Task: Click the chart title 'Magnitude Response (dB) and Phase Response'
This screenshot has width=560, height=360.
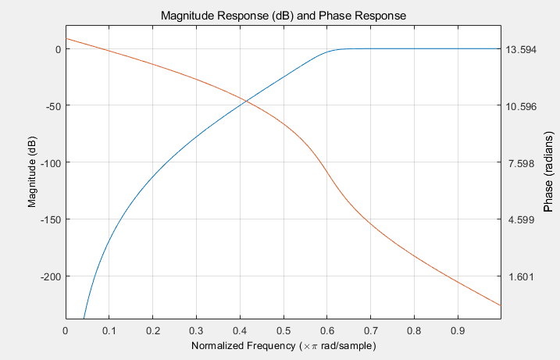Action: point(283,16)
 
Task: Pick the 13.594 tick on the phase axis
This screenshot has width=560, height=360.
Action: point(521,49)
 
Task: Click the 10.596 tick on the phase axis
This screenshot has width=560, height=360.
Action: point(521,106)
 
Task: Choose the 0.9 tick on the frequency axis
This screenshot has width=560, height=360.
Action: point(457,329)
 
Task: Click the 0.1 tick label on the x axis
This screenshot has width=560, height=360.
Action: point(109,329)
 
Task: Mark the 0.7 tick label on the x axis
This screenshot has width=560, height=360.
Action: point(369,329)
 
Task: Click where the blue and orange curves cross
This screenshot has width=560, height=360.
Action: point(246,101)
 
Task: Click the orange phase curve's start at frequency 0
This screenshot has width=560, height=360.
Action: point(66,38)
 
